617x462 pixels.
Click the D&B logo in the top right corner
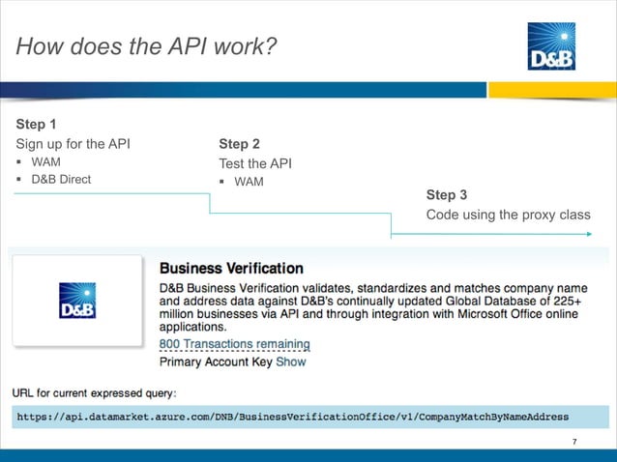click(x=552, y=46)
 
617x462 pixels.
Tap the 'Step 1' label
click(x=36, y=125)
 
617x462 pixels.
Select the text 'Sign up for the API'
click(x=73, y=144)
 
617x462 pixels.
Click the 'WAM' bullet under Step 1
click(x=45, y=162)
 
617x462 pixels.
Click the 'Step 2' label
click(x=240, y=144)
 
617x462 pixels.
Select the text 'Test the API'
click(x=254, y=163)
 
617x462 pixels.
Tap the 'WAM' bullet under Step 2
click(x=249, y=182)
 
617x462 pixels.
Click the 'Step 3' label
click(x=447, y=195)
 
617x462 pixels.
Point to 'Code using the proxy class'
click(x=508, y=215)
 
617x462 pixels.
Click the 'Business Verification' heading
click(x=230, y=268)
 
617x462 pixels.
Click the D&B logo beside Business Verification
click(x=77, y=301)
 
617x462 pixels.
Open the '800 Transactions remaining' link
click(x=234, y=344)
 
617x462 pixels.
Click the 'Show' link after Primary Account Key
click(x=291, y=361)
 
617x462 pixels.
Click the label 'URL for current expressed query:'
click(x=94, y=393)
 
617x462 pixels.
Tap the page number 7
click(x=574, y=443)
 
